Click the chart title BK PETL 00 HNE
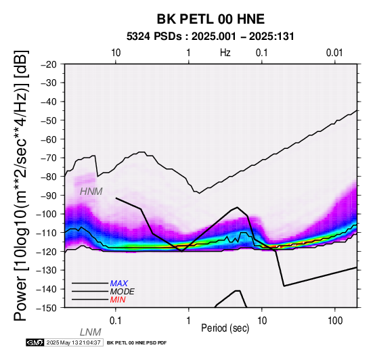pyautogui.click(x=211, y=19)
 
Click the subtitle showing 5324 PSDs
pyautogui.click(x=211, y=37)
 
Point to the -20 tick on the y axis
pyautogui.click(x=49, y=64)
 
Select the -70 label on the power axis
pyautogui.click(x=49, y=158)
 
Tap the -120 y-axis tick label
pyautogui.click(x=47, y=252)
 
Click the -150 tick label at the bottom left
pyautogui.click(x=47, y=308)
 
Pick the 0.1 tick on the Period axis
pyautogui.click(x=116, y=321)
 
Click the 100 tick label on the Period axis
pyautogui.click(x=335, y=321)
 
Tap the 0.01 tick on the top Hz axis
pyautogui.click(x=334, y=53)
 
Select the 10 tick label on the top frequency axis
pyautogui.click(x=116, y=53)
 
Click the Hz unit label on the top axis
pyautogui.click(x=225, y=53)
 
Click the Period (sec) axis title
pyautogui.click(x=225, y=328)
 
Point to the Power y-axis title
pyautogui.click(x=21, y=185)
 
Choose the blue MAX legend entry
pyautogui.click(x=118, y=284)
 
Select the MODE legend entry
pyautogui.click(x=123, y=292)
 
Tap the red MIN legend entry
pyautogui.click(x=118, y=300)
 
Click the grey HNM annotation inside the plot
pyautogui.click(x=91, y=192)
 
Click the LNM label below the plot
pyautogui.click(x=91, y=332)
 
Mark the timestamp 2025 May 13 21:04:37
pyautogui.click(x=73, y=343)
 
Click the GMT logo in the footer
pyautogui.click(x=35, y=343)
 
